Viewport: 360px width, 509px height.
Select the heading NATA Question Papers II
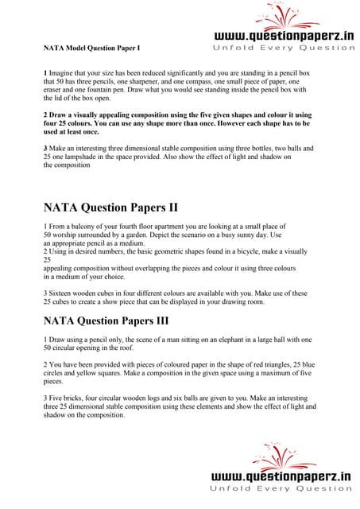pos(110,208)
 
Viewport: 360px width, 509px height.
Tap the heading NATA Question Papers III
pos(114,322)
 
